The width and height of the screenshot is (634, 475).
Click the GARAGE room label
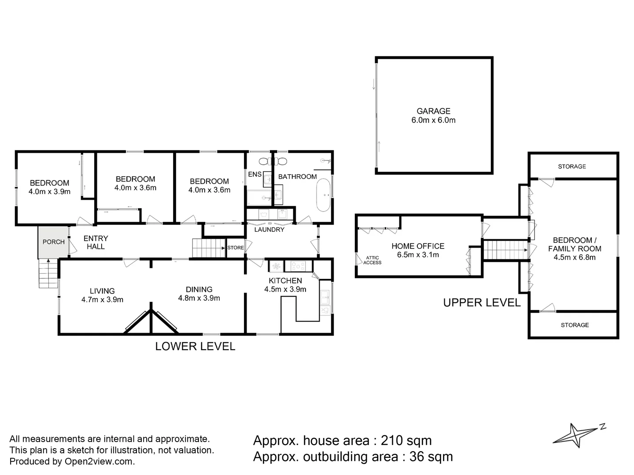coord(433,111)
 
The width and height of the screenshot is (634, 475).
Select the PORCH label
coord(53,242)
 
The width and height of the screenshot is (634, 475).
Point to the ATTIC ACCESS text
coord(372,260)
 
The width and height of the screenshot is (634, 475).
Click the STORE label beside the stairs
coord(236,248)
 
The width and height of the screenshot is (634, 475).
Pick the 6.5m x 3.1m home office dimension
coord(417,255)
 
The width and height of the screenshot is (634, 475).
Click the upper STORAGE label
coord(571,166)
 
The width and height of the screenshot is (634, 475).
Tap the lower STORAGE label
coord(575,325)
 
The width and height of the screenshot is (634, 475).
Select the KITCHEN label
coord(285,281)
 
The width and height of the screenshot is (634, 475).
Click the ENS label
coord(254,175)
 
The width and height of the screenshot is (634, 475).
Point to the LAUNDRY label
coord(269,230)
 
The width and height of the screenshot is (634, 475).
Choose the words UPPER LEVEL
coord(482,303)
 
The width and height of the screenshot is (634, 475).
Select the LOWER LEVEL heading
coord(195,347)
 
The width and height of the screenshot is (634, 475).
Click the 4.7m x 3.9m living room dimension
coord(102,300)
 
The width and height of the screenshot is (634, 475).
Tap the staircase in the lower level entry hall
coord(208,248)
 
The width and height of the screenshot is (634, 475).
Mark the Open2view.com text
coord(99,461)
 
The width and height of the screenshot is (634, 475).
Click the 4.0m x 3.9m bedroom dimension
coord(49,192)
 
